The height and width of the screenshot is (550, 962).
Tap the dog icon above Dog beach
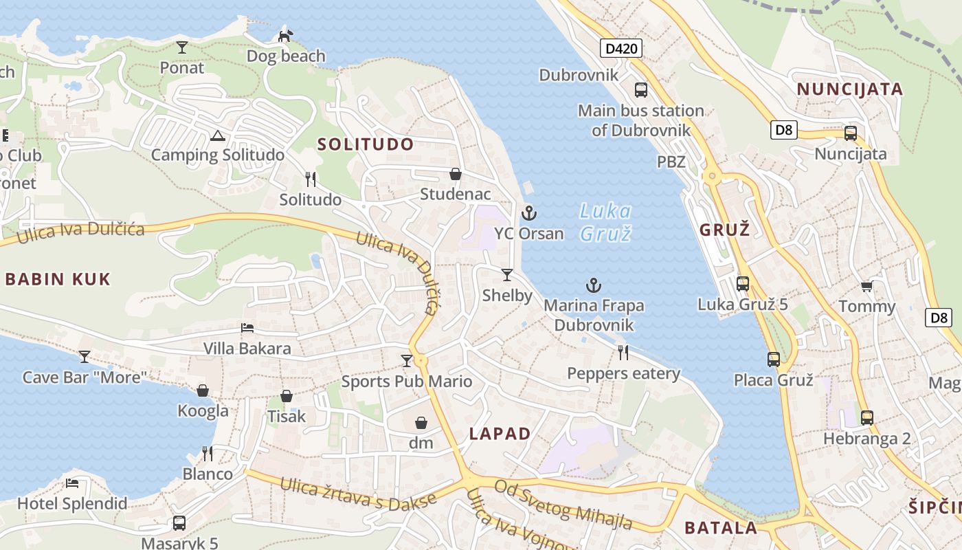pyautogui.click(x=285, y=36)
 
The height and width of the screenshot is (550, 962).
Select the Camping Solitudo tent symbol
pyautogui.click(x=218, y=135)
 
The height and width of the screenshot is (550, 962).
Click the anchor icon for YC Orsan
pyautogui.click(x=528, y=213)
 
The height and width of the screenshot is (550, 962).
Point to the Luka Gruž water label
pyautogui.click(x=605, y=222)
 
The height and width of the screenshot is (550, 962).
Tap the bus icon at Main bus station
pyautogui.click(x=640, y=89)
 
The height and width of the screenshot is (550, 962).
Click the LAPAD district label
pyautogui.click(x=500, y=434)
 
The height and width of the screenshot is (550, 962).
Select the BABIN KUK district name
pyautogui.click(x=58, y=279)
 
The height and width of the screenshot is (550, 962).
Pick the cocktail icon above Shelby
pyautogui.click(x=507, y=275)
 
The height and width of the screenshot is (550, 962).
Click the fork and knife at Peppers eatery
pyautogui.click(x=623, y=353)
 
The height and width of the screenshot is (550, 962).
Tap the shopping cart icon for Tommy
pyautogui.click(x=866, y=286)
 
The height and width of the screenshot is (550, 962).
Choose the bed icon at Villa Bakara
pyautogui.click(x=247, y=328)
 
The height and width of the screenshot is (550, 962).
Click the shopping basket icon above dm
pyautogui.click(x=421, y=423)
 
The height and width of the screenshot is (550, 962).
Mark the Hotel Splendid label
pyautogui.click(x=72, y=503)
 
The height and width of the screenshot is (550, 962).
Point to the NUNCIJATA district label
pyautogui.click(x=850, y=89)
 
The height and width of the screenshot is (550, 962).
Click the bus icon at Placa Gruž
pyautogui.click(x=774, y=359)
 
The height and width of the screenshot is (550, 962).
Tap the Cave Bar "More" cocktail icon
pyautogui.click(x=85, y=356)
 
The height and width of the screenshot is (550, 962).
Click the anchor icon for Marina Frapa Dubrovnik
pyautogui.click(x=594, y=285)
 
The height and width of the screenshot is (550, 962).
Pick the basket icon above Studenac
pyautogui.click(x=455, y=174)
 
